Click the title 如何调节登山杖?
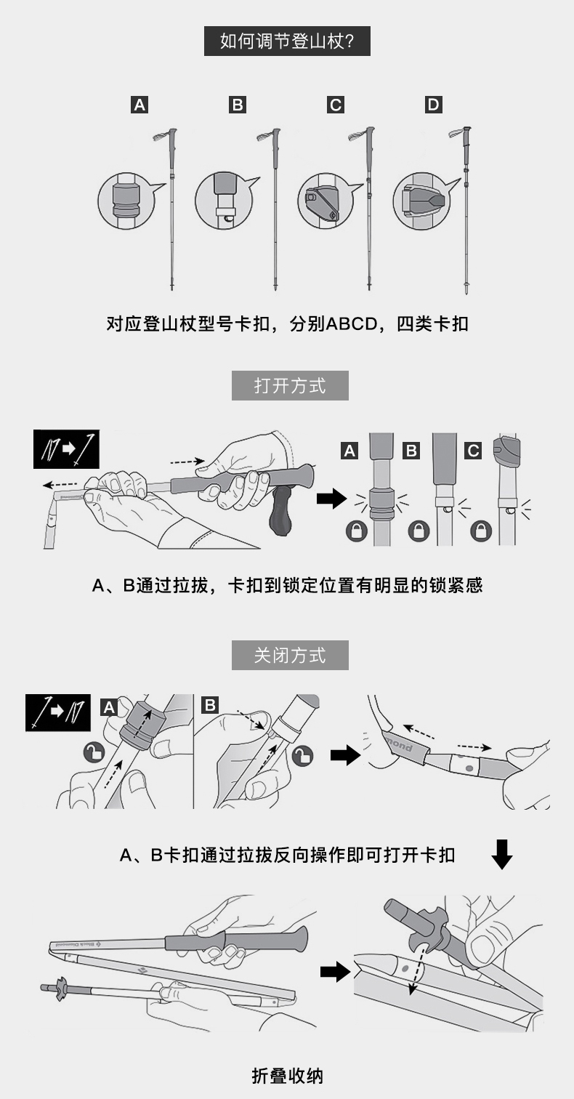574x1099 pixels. [287, 41]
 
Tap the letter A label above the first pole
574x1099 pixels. [140, 105]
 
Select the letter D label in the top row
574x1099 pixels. [433, 105]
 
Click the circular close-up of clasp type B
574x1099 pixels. [225, 201]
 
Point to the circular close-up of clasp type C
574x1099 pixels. [326, 201]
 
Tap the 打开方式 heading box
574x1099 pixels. [290, 386]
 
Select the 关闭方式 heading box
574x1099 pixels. [290, 655]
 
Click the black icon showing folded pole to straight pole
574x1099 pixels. [66, 449]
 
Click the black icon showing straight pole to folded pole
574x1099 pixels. [58, 712]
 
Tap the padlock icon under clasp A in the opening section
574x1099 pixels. [357, 531]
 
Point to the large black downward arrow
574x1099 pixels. [501, 854]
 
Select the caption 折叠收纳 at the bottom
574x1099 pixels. [288, 1076]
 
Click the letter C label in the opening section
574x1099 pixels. [474, 451]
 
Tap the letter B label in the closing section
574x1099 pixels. [210, 705]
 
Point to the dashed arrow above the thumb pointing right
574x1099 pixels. [187, 461]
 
